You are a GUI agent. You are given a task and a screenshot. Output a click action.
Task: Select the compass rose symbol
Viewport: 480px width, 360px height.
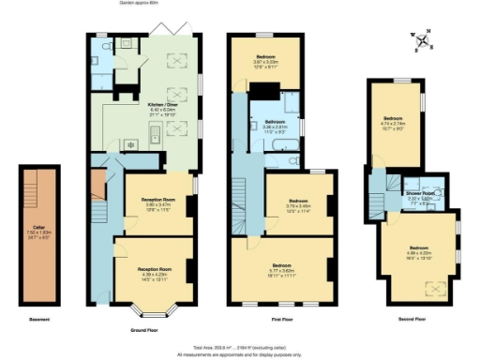coord(425,40)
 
